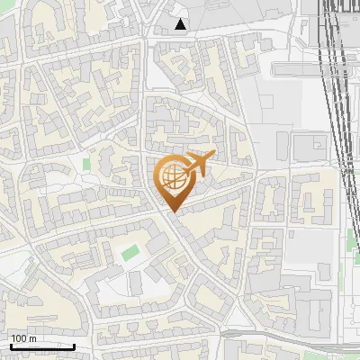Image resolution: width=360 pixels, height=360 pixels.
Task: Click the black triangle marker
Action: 181,24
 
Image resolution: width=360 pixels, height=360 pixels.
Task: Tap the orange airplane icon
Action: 197,165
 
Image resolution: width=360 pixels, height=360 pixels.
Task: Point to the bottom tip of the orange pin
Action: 172,211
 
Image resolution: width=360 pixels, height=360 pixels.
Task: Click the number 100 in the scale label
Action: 18,338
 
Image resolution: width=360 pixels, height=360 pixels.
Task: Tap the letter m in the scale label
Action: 32,338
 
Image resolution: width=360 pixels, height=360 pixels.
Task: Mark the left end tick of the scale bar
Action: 10,345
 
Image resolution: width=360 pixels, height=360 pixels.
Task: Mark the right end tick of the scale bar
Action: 74,345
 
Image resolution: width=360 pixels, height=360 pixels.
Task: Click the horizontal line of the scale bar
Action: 41,346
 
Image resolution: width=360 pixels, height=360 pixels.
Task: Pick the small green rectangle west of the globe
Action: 87,165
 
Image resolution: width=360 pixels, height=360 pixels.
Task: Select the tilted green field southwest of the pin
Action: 130,252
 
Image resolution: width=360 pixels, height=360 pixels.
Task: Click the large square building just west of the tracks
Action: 310,147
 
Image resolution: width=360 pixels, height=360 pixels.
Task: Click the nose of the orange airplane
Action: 212,156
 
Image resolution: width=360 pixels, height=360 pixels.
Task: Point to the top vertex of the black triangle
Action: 181,19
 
